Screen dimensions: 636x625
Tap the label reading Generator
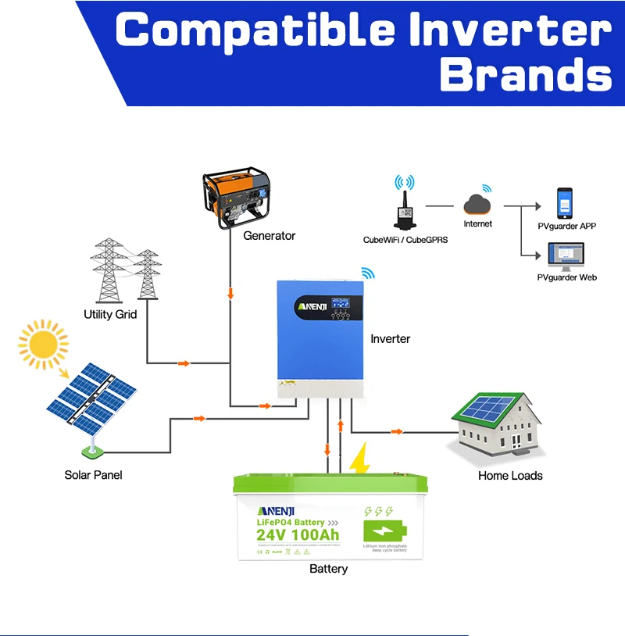coord(270,235)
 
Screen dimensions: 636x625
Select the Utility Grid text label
coord(110,314)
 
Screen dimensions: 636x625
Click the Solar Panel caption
coord(93,474)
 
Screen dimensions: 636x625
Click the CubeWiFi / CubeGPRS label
coord(405,240)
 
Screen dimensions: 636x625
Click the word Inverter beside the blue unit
coord(390,338)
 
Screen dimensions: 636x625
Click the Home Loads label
coord(510,475)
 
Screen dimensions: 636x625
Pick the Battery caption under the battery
coord(328,568)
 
